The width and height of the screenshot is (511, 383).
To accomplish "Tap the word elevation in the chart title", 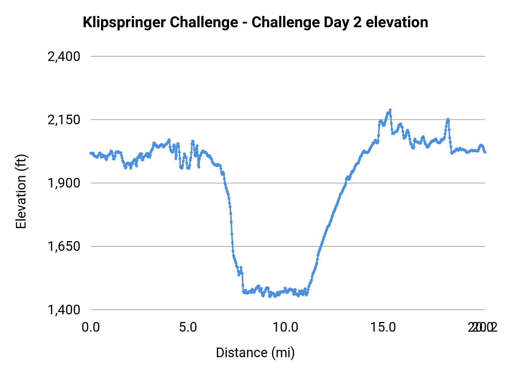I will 397,22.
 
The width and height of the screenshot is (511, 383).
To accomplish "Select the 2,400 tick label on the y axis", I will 64,56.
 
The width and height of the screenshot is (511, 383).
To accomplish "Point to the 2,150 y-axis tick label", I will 64,120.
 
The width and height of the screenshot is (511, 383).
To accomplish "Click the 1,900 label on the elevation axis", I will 64,183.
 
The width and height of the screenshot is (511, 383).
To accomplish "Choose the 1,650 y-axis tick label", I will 64,246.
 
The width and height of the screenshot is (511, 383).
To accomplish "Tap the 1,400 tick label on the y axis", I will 64,310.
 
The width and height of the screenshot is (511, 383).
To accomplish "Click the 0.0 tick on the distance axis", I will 91,327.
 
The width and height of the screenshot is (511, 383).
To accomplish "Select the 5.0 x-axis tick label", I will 188,327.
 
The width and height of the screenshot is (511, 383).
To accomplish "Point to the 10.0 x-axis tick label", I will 285,327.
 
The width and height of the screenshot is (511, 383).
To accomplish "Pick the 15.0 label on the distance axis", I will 383,327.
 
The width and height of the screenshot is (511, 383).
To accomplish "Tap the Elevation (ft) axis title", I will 21,191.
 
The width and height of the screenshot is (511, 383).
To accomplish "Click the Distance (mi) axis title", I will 255,353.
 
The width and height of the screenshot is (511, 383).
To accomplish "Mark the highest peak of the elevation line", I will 390,110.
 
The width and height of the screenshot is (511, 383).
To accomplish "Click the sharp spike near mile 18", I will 448,119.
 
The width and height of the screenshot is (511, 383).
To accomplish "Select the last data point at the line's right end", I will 485,152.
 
